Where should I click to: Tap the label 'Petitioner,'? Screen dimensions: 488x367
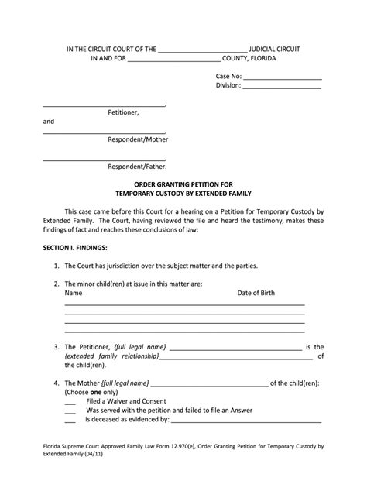(x=123, y=112)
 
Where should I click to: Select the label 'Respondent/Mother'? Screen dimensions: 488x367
(x=137, y=140)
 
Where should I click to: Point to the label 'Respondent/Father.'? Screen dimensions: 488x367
(x=136, y=167)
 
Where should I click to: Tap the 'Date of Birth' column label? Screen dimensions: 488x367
(x=256, y=294)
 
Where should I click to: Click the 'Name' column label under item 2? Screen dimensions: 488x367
(x=73, y=294)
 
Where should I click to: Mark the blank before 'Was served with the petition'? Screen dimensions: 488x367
(x=70, y=412)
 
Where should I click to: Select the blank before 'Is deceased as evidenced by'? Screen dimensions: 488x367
(x=70, y=421)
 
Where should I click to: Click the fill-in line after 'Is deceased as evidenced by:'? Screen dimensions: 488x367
(x=245, y=421)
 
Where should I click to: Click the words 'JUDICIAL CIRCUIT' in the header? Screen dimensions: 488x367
(x=274, y=49)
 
